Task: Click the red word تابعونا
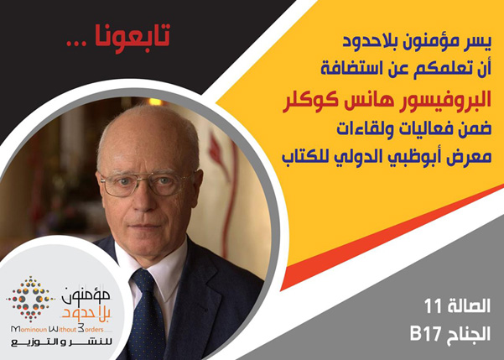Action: click(132, 37)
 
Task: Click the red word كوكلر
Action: click(309, 102)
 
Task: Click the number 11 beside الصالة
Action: click(434, 306)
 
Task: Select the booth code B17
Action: click(426, 335)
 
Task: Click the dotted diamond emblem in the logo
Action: click(30, 300)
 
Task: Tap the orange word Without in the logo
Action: click(62, 329)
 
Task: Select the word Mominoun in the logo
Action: click(29, 329)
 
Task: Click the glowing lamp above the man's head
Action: click(156, 102)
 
